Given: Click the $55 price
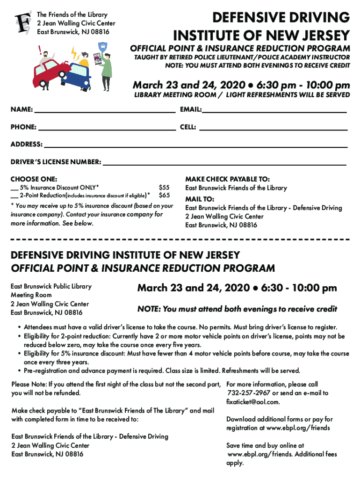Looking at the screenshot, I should coord(164,188).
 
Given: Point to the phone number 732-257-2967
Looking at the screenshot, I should coord(249,393).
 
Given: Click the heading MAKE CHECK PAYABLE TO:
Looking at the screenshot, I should coord(227,179).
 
